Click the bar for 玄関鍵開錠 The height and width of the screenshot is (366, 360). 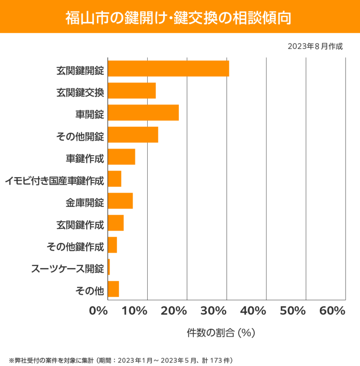coord(168,68)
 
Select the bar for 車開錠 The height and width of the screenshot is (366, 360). coord(143,112)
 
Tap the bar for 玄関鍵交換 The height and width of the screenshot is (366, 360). coord(132,91)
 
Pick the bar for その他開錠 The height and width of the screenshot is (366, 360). coord(133,135)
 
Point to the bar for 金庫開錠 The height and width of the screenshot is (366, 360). coord(120,201)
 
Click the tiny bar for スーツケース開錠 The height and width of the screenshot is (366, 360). coord(109,267)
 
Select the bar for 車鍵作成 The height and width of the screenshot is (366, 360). coord(121,157)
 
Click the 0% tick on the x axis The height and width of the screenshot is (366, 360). coord(99,311)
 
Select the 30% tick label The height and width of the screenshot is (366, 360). coord(214,311)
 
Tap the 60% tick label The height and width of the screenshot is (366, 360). coord(332,311)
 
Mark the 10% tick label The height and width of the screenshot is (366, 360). coord(135,311)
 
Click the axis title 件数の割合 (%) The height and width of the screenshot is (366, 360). coord(221,332)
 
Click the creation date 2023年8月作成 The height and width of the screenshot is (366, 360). coord(315,46)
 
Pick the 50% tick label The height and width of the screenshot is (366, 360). coord(292,311)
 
